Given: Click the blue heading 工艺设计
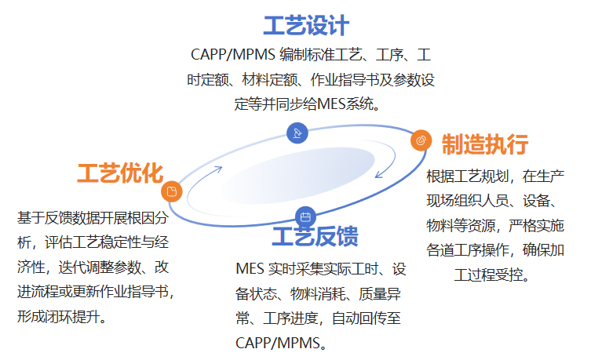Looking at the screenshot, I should pyautogui.click(x=306, y=26).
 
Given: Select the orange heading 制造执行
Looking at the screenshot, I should pyautogui.click(x=484, y=144).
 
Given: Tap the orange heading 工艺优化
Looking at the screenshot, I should pyautogui.click(x=119, y=173).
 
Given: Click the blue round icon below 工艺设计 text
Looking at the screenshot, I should pyautogui.click(x=297, y=133).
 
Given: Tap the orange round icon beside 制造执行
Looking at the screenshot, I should pyautogui.click(x=421, y=140).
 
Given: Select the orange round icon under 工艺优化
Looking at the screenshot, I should pyautogui.click(x=171, y=191).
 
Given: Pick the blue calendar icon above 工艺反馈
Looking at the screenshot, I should pyautogui.click(x=305, y=217).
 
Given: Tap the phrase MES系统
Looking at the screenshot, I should pyautogui.click(x=346, y=104).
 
